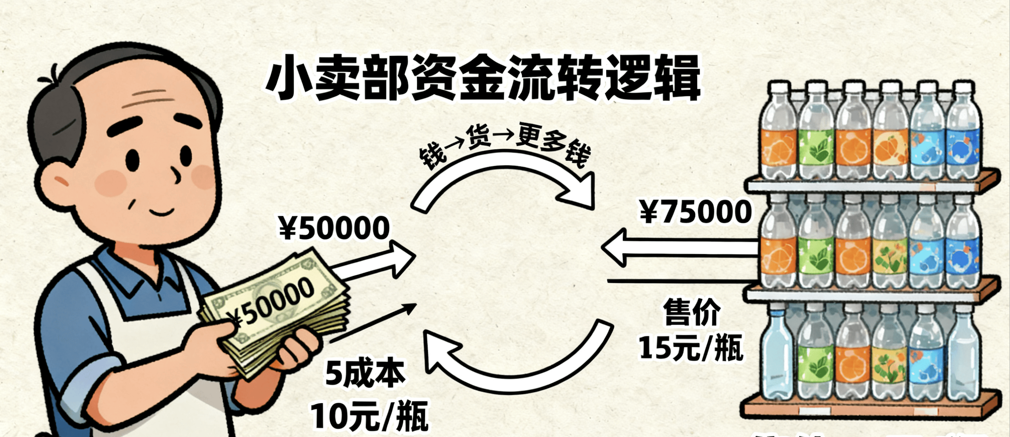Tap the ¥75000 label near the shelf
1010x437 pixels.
(696, 212)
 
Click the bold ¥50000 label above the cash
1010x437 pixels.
(334, 229)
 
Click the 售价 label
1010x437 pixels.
(692, 313)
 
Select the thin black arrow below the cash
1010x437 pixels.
(373, 323)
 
